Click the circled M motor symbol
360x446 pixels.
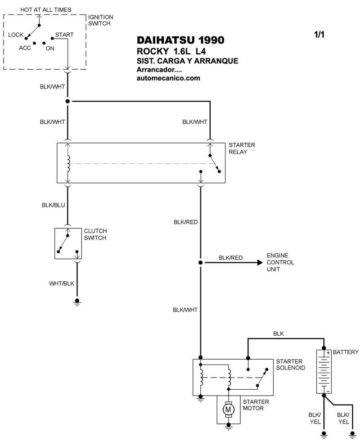[228, 410]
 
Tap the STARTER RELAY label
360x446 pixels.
[242, 149]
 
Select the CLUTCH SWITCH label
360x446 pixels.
[95, 234]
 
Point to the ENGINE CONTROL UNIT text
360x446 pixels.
[280, 262]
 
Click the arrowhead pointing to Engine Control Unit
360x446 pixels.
[260, 262]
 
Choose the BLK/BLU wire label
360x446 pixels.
[53, 205]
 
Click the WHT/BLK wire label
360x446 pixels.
[61, 284]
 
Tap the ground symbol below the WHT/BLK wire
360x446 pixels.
[77, 302]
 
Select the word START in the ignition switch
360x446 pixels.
[64, 35]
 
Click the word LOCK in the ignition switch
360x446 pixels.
[16, 35]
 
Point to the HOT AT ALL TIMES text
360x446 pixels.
[46, 9]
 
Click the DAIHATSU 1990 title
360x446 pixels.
[180, 40]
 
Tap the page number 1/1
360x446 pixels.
[319, 34]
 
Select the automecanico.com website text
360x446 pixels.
[168, 78]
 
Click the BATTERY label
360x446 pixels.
[346, 352]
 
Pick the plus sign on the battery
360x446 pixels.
[328, 353]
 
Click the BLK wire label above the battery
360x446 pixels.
[279, 333]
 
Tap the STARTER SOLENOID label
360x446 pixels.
[290, 365]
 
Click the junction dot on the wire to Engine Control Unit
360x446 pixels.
[200, 262]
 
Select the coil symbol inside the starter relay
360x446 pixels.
[68, 163]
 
